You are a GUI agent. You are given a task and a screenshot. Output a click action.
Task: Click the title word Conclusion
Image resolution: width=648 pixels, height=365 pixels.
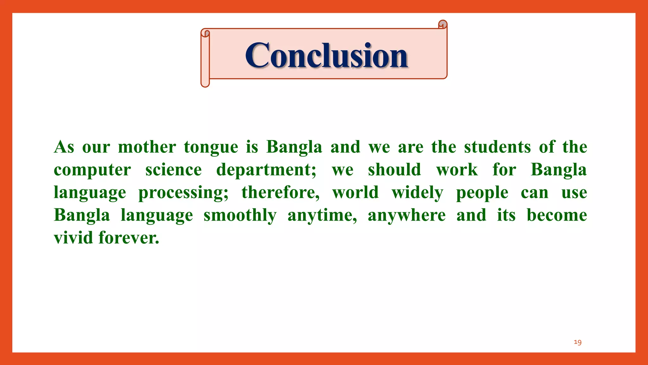click(x=326, y=55)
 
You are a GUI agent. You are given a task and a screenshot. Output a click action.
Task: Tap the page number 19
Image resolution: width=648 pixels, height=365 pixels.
click(x=577, y=342)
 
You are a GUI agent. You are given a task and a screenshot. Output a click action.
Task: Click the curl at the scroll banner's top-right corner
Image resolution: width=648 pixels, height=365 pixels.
click(x=443, y=24)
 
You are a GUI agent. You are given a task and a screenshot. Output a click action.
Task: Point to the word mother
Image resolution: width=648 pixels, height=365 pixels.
click(x=147, y=147)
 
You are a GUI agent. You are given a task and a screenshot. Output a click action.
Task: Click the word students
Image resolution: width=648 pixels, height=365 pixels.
click(x=497, y=147)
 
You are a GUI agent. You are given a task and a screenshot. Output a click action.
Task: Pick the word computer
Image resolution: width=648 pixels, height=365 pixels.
click(x=92, y=170)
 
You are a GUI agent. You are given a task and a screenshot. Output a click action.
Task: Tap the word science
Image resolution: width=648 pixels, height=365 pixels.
click(x=173, y=170)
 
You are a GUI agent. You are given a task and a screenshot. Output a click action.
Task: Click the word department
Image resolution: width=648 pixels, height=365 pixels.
click(x=265, y=170)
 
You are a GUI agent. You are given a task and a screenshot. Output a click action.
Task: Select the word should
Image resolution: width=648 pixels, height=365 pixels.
click(x=394, y=170)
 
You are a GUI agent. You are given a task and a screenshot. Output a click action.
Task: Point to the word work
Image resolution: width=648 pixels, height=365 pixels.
click(x=457, y=170)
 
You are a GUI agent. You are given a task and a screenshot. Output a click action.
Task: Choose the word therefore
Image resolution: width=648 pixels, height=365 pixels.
click(x=280, y=192)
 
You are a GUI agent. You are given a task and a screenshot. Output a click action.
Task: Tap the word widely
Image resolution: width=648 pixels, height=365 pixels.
click(x=417, y=193)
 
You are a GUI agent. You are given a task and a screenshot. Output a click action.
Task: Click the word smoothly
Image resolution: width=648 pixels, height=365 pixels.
click(x=240, y=215)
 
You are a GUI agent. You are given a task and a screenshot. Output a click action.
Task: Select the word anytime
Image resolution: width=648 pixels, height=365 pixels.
click(x=322, y=215)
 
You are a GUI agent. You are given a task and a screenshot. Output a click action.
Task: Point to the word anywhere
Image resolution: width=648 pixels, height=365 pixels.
click(x=407, y=215)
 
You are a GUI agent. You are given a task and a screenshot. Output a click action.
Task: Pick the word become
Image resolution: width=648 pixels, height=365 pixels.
click(x=557, y=215)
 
